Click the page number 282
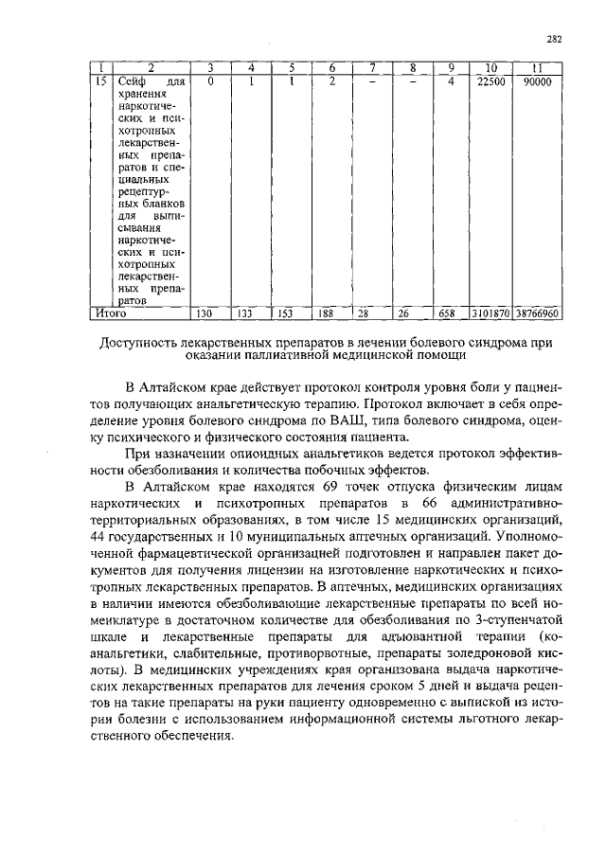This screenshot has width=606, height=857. [555, 39]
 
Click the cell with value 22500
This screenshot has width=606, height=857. [490, 82]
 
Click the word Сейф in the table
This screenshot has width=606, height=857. [132, 82]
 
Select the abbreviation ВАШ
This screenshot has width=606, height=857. [332, 420]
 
